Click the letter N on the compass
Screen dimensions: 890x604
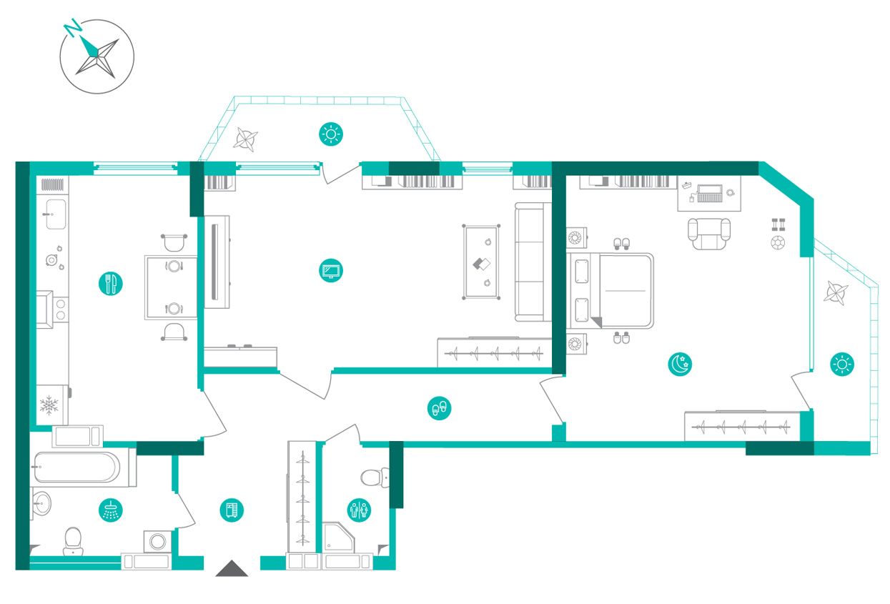tap(72, 28)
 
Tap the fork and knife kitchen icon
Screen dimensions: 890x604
tap(111, 284)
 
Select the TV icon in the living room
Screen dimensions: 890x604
tap(331, 271)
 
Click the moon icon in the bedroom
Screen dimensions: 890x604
tap(680, 364)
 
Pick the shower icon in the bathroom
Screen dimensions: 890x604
tap(111, 510)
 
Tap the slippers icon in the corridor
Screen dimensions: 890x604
tap(439, 407)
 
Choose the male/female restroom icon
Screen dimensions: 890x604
tap(359, 510)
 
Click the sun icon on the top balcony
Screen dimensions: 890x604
tap(331, 134)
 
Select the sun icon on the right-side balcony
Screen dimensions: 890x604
tap(842, 364)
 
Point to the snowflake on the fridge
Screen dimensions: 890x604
tap(49, 405)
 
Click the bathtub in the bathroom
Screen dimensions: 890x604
tap(76, 467)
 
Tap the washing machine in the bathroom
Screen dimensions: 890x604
tap(158, 541)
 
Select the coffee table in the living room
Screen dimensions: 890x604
tap(481, 262)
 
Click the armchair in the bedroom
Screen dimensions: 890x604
tap(709, 234)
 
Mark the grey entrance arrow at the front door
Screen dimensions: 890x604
tap(232, 568)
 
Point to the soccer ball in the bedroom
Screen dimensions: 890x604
tap(778, 243)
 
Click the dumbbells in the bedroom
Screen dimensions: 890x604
tap(778, 224)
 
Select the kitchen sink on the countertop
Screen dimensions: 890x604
tap(56, 214)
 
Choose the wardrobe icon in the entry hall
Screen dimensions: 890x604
tap(232, 510)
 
